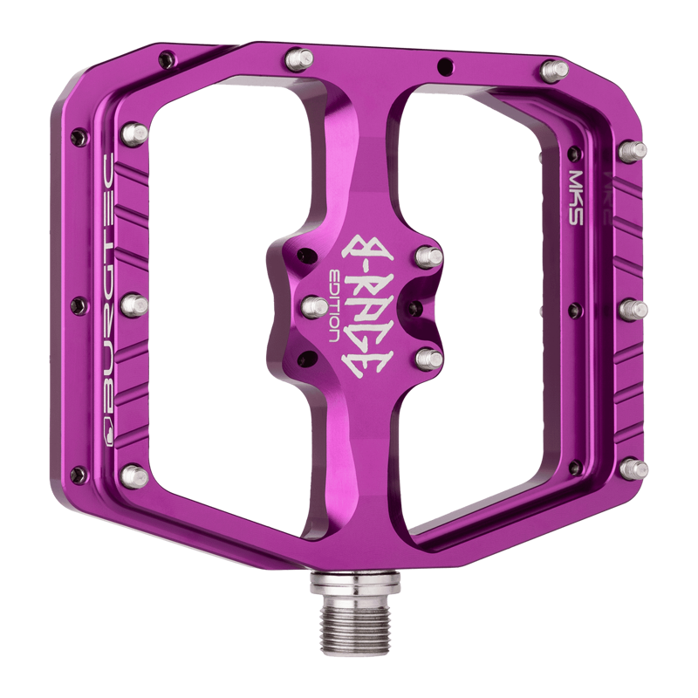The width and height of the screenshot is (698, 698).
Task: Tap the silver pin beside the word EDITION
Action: pyautogui.click(x=311, y=306)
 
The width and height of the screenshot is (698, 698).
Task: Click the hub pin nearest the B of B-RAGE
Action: pyautogui.click(x=428, y=256)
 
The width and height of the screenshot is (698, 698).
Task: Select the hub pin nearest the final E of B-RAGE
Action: pyautogui.click(x=427, y=358)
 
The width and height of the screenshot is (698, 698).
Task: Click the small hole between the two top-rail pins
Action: pyautogui.click(x=446, y=64)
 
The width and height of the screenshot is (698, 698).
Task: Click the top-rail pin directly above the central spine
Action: pyautogui.click(x=298, y=60)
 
